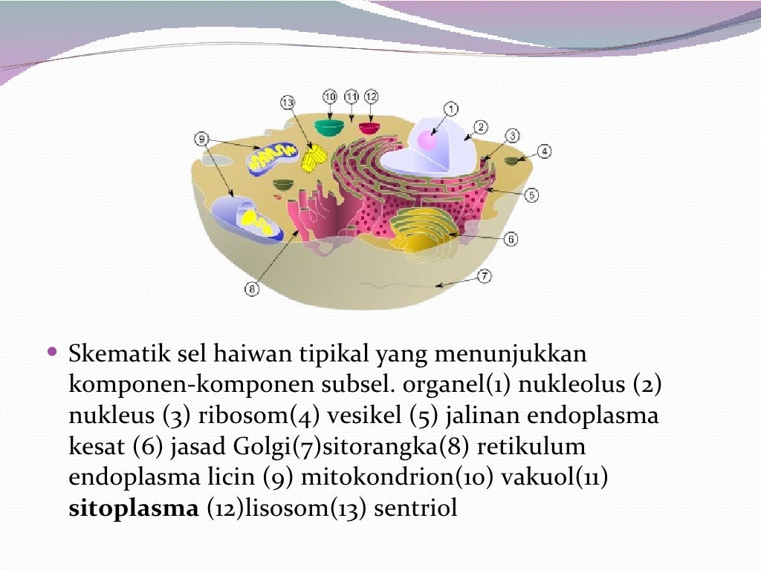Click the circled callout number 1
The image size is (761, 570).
(450, 108)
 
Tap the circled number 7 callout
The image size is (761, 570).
(483, 277)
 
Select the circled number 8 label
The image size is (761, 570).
(252, 289)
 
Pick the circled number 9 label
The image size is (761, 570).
(201, 137)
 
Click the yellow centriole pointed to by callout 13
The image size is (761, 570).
(314, 157)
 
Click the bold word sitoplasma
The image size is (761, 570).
(134, 509)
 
